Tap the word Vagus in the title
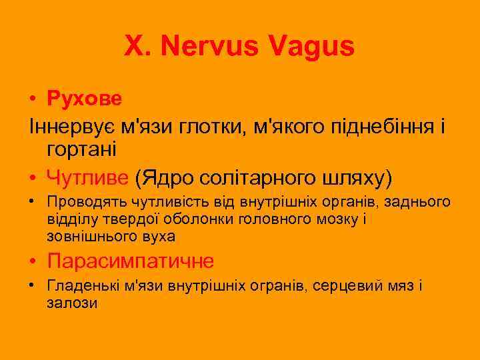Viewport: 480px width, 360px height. click(x=312, y=46)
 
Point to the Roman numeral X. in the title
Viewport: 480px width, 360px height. click(x=136, y=46)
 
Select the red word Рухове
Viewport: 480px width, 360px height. click(x=85, y=99)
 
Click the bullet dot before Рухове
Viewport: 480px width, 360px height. click(x=33, y=99)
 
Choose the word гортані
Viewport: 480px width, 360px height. click(x=82, y=149)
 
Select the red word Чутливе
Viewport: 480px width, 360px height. click(x=88, y=177)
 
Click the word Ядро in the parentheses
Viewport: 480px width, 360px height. click(x=166, y=177)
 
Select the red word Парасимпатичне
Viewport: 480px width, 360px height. click(x=131, y=260)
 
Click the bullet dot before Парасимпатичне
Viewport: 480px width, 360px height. click(x=33, y=261)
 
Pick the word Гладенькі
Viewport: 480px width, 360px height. click(x=83, y=285)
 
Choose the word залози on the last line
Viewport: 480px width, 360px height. click(x=72, y=302)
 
